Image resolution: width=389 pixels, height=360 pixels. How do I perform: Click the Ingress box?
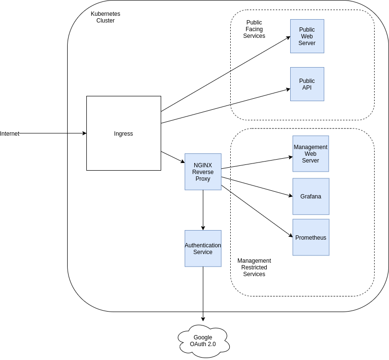(123, 133)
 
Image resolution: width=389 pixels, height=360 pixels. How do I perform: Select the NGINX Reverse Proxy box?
(203, 172)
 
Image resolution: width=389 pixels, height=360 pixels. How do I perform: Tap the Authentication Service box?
(203, 248)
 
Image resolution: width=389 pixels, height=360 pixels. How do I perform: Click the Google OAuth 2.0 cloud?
(203, 341)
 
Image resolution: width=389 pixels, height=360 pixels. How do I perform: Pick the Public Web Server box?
(307, 36)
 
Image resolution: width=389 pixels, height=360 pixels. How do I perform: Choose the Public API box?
(307, 84)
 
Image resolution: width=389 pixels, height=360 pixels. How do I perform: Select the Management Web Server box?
(310, 153)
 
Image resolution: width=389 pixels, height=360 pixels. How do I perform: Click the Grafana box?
(311, 197)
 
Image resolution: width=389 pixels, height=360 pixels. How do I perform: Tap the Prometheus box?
(311, 237)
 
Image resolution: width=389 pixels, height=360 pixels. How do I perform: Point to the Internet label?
(10, 134)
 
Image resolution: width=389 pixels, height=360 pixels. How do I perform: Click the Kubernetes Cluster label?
(106, 17)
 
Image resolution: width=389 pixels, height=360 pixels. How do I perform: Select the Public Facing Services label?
(254, 29)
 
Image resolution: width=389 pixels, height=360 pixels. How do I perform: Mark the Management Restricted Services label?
(254, 267)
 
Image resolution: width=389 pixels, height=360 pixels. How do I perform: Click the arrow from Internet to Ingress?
(53, 134)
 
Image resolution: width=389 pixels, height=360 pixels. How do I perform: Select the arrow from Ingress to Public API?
(225, 106)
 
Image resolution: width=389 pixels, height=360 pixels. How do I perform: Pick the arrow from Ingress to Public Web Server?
(225, 74)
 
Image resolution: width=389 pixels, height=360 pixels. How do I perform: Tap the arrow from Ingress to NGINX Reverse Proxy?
(173, 157)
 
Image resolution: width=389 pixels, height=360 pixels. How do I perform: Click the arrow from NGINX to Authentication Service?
(203, 210)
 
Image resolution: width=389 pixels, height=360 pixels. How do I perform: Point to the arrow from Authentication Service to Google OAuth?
(203, 293)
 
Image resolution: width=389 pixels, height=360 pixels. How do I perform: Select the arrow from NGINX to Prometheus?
(257, 211)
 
